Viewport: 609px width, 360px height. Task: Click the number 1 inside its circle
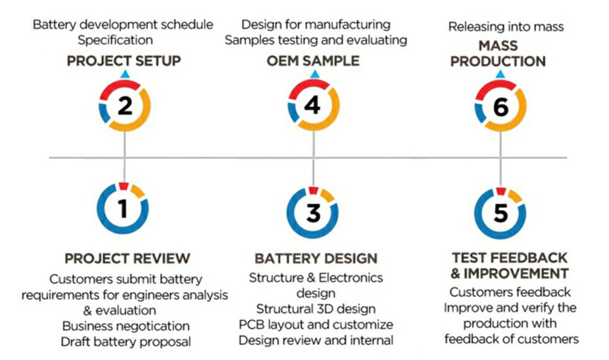[123, 209]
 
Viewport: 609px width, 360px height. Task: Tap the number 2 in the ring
[125, 106]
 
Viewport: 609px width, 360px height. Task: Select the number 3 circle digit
[313, 213]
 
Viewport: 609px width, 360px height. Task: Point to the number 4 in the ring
[313, 106]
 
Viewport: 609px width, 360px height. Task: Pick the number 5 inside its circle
[501, 213]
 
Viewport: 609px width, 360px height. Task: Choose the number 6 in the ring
[501, 106]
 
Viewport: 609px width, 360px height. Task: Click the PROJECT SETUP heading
[124, 61]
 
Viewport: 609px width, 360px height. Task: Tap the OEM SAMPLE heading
[313, 61]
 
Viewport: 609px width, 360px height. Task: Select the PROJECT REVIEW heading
[127, 259]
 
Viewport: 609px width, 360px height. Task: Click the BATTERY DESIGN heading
[316, 259]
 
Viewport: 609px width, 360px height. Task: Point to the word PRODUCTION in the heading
[498, 62]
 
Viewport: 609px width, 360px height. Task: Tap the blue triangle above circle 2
[125, 74]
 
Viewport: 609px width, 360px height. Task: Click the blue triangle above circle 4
[315, 74]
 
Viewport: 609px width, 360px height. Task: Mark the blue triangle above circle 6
[501, 74]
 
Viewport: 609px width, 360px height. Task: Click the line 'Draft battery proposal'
[126, 342]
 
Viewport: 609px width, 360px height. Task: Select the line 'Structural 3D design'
[316, 309]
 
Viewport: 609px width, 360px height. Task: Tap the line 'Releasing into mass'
[506, 27]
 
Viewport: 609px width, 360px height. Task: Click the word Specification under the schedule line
[115, 40]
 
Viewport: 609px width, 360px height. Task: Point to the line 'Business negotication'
[126, 326]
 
